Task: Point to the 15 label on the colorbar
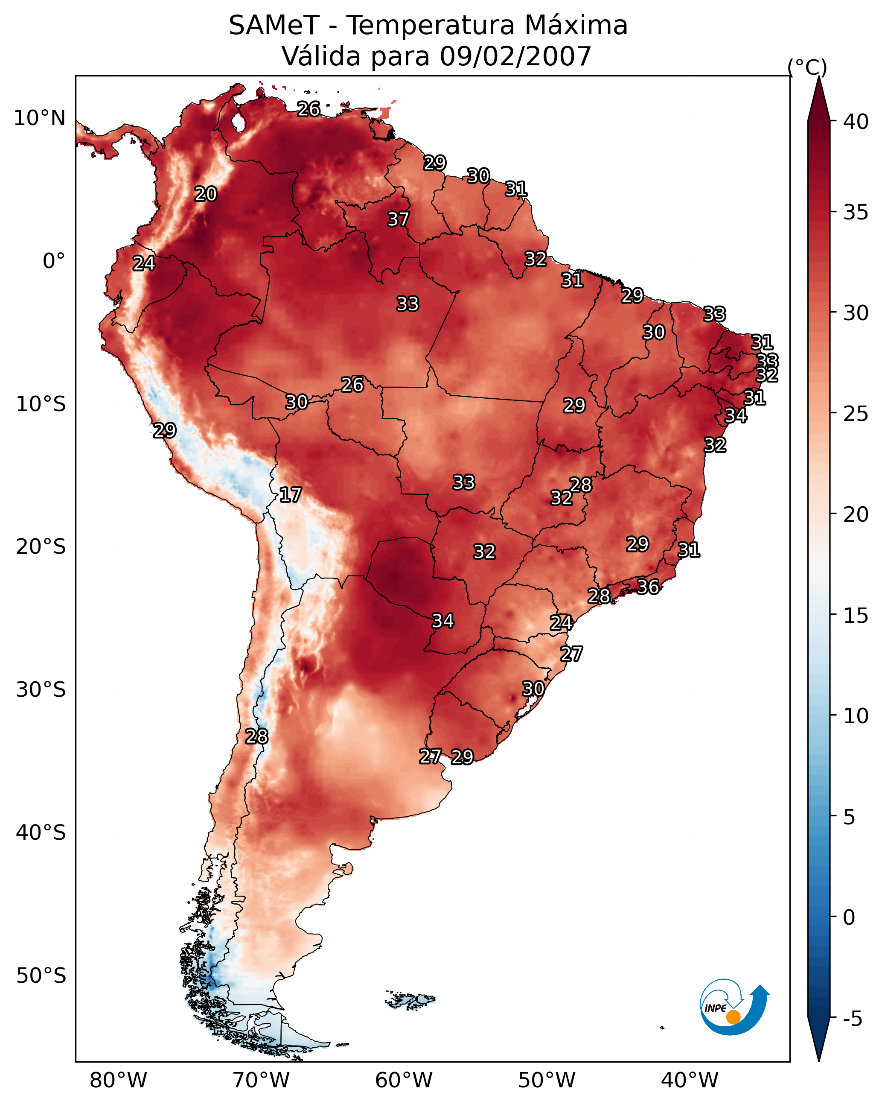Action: pyautogui.click(x=856, y=616)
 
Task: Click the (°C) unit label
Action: pyautogui.click(x=807, y=67)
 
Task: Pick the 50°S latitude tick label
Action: pyautogui.click(x=41, y=976)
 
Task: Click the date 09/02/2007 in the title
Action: pyautogui.click(x=515, y=56)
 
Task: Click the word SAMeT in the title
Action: pyautogui.click(x=274, y=26)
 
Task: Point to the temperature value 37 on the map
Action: pyautogui.click(x=398, y=219)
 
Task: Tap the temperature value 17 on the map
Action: pyautogui.click(x=290, y=495)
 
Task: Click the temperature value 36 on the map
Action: pyautogui.click(x=648, y=587)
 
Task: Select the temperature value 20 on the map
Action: pyautogui.click(x=206, y=194)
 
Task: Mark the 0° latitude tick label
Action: pyautogui.click(x=54, y=261)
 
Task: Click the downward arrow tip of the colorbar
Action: pyautogui.click(x=818, y=1061)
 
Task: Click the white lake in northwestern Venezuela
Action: pyautogui.click(x=238, y=121)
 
